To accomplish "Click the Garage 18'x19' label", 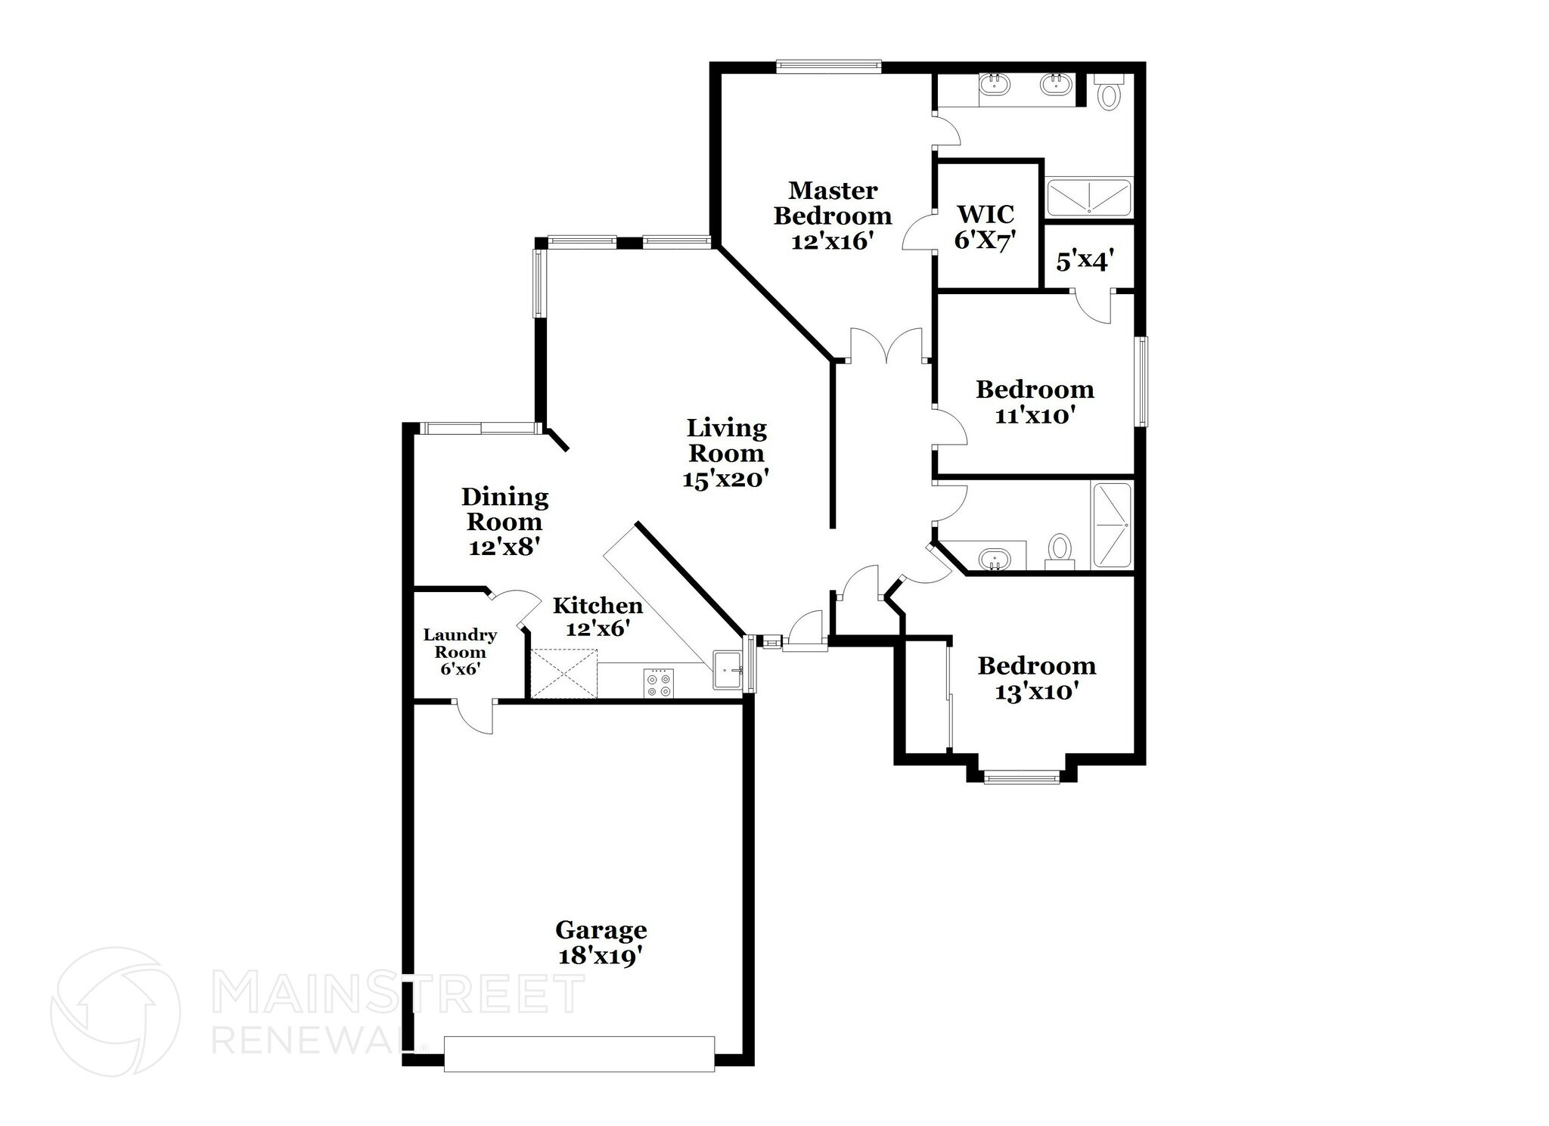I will point(601,942).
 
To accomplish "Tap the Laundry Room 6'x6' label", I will point(460,652).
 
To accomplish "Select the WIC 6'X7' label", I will point(984,226).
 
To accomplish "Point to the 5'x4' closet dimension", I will point(1083,261).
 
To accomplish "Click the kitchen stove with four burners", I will point(658,684).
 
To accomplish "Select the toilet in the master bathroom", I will point(1109,94).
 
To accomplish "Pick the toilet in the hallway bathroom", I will point(1060,551).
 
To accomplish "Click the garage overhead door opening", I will point(579,1053).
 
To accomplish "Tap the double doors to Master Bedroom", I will point(886,346).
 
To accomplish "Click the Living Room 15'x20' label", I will point(726,453).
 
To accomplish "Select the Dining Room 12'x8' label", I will point(504,521).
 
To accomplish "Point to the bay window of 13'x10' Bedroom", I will point(1021,777).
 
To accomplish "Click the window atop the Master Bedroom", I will point(829,67).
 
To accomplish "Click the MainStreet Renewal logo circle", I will point(115,1011).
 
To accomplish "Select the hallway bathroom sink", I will point(994,560).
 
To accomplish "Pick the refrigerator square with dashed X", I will point(564,673).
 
